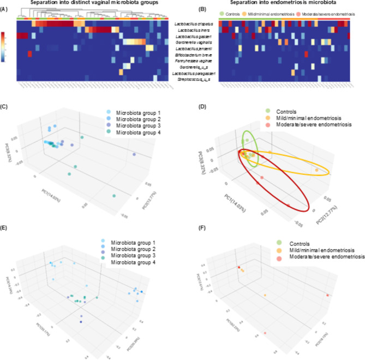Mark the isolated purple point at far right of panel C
point(134,156)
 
